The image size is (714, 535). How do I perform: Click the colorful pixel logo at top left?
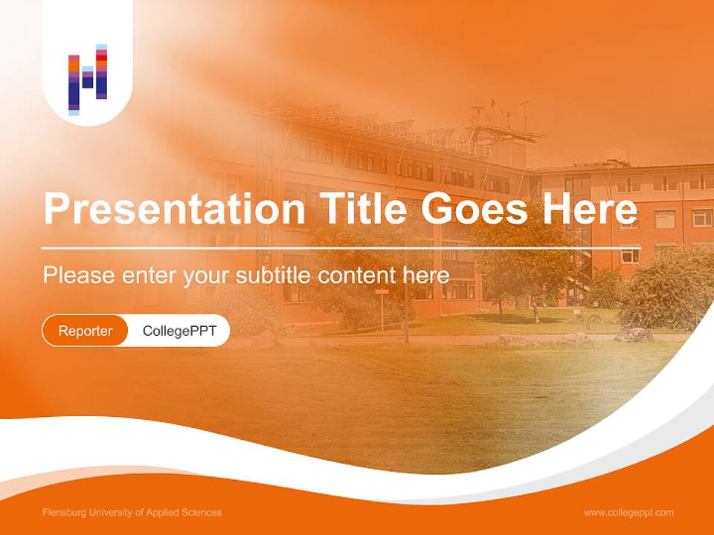pos(88,80)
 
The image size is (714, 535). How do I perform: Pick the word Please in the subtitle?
pos(78,276)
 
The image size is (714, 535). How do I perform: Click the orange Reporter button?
pos(86,331)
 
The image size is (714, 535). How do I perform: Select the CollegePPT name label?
pos(179,331)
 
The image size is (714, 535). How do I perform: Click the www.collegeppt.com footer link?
pos(628,513)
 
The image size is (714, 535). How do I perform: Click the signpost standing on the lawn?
pos(382,305)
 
